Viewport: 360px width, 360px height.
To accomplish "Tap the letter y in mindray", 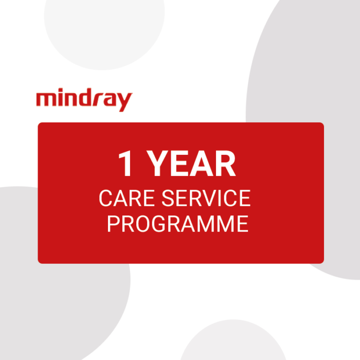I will pyautogui.click(x=124, y=102).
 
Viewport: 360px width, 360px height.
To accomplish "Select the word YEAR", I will pyautogui.click(x=192, y=164).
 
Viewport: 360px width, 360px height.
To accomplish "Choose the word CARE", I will pyautogui.click(x=122, y=199).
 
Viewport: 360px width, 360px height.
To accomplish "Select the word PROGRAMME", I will pyautogui.click(x=178, y=224).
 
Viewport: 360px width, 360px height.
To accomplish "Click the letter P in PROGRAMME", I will pyautogui.click(x=113, y=224).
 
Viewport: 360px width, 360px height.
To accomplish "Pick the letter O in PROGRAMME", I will pyautogui.click(x=142, y=224).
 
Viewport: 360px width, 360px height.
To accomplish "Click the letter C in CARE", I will pyautogui.click(x=105, y=199).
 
